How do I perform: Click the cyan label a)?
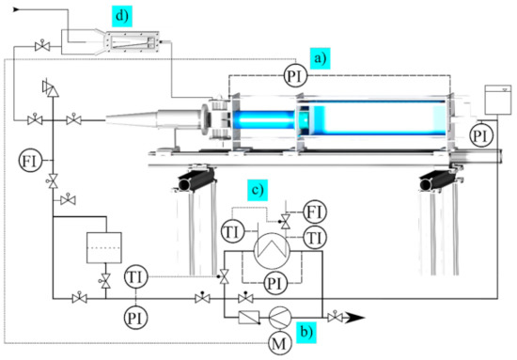[320, 58]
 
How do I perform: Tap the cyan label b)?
[306, 332]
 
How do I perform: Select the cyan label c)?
[258, 190]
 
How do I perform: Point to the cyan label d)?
[122, 16]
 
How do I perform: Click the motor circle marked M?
[280, 343]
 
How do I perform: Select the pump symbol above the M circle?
[280, 318]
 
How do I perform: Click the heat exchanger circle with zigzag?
[272, 251]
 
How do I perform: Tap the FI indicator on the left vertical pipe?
[31, 161]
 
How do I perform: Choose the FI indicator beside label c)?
[315, 212]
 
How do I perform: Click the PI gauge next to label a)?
[295, 76]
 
